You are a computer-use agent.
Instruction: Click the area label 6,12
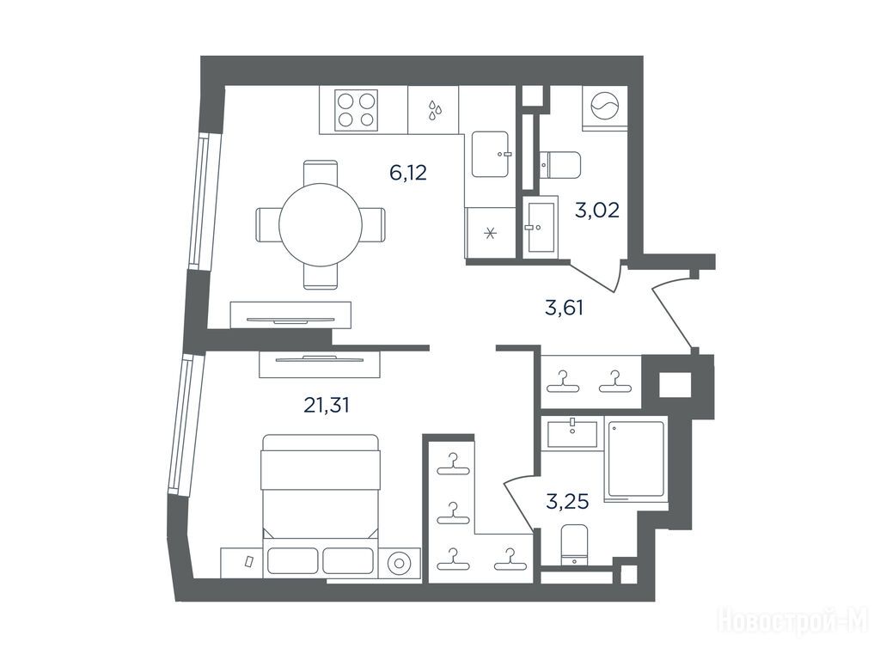coord(408,172)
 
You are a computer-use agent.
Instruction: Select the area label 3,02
coord(597,211)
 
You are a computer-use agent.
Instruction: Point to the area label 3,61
coord(564,308)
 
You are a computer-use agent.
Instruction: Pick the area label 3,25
coord(567,501)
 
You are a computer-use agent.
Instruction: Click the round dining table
coord(321,225)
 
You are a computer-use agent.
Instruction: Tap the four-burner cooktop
coord(356,110)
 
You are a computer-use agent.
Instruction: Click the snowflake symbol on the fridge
coord(491,233)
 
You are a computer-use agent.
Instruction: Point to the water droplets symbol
coord(434,110)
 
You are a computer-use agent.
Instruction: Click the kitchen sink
coord(490,154)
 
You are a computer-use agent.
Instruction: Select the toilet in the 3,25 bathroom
coord(574,544)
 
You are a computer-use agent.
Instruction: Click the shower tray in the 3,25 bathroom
coord(636,460)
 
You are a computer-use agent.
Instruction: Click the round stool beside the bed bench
coord(400,562)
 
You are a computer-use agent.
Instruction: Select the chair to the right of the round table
coord(373,225)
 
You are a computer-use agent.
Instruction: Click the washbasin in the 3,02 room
coord(540,227)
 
